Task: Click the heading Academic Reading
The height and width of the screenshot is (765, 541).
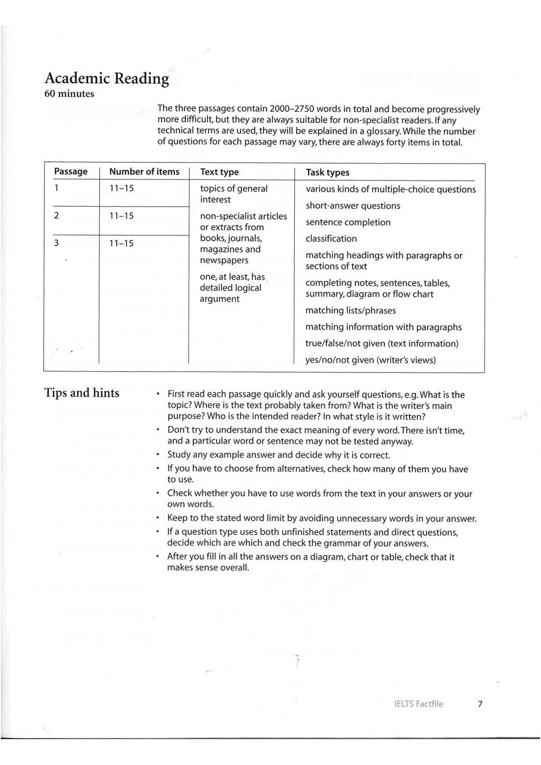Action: (x=106, y=79)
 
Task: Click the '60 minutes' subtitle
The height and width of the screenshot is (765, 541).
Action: (x=69, y=94)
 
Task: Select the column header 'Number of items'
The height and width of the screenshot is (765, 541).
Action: (x=144, y=172)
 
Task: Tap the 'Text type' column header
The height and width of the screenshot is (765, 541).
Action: (x=219, y=172)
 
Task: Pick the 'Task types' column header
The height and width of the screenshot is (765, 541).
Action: (x=327, y=173)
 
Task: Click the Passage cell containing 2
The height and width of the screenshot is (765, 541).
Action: (x=56, y=216)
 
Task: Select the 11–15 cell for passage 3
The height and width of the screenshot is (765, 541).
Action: (x=121, y=243)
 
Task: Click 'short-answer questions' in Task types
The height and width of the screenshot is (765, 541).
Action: (x=353, y=206)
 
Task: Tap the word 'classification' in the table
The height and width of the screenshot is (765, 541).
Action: (x=331, y=239)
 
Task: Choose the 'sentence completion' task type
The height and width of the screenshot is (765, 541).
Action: (x=348, y=223)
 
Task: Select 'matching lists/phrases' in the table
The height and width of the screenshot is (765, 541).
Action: (x=351, y=311)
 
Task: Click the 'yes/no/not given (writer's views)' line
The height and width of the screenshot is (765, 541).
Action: (x=371, y=360)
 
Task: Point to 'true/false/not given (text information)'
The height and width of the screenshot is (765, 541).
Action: (x=382, y=344)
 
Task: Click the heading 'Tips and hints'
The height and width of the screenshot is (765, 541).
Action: (x=82, y=393)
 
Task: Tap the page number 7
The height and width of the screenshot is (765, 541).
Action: (x=480, y=704)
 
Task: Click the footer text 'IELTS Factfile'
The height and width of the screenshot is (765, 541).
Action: (x=419, y=704)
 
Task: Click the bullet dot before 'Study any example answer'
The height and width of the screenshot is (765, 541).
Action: (x=157, y=455)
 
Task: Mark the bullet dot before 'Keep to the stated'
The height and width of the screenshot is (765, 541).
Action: (x=157, y=518)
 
